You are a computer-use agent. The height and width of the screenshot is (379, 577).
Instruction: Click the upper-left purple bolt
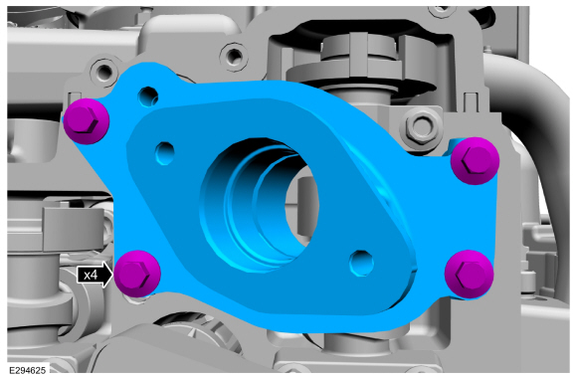[x=87, y=121]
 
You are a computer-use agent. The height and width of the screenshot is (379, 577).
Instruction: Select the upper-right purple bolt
[x=476, y=161]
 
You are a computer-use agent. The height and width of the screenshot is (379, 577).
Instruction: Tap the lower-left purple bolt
[x=137, y=274]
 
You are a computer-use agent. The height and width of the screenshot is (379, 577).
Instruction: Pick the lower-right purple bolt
[x=469, y=275]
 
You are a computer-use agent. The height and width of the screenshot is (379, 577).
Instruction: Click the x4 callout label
[x=91, y=275]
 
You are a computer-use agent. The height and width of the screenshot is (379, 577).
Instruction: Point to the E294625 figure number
[x=28, y=370]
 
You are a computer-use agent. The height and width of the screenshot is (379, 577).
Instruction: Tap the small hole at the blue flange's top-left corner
[x=148, y=96]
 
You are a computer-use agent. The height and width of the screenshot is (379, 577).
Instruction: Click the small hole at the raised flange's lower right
[x=361, y=263]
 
